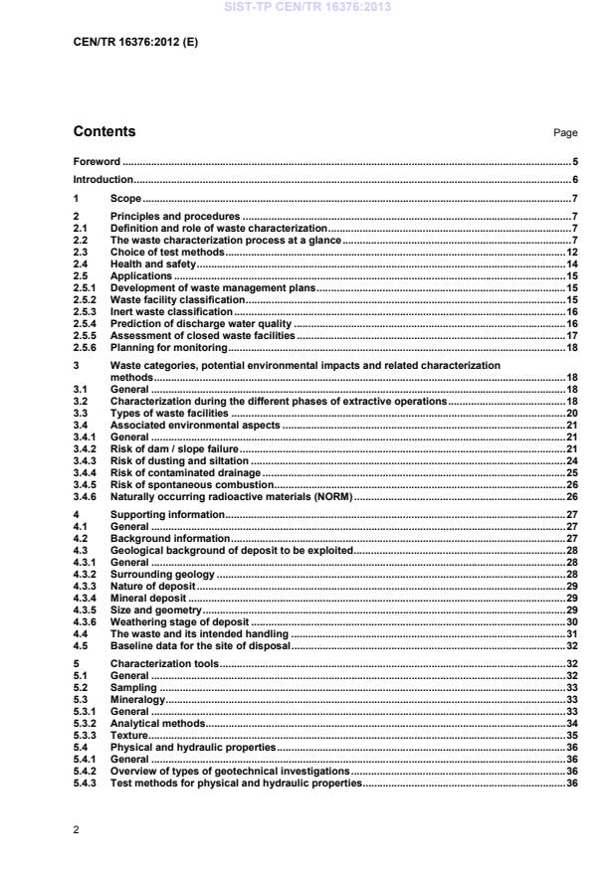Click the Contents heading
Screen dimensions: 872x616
coord(104,131)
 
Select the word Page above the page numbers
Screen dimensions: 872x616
coord(564,133)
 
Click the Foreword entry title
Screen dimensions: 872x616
coord(97,161)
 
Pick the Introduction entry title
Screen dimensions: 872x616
coord(103,180)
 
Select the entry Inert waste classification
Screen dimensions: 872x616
coord(164,311)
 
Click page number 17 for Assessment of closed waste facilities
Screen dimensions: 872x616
coord(572,335)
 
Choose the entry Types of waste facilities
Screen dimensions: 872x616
coord(169,413)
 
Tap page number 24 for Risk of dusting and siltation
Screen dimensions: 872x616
coord(572,460)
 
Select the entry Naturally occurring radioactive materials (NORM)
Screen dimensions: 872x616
coord(231,496)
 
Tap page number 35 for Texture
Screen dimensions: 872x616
coord(572,735)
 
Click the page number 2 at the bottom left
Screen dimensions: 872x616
coord(77,827)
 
